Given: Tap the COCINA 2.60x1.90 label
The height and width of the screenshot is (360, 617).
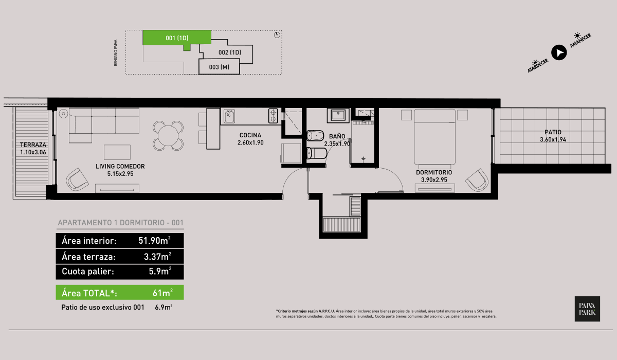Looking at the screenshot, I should pyautogui.click(x=250, y=139).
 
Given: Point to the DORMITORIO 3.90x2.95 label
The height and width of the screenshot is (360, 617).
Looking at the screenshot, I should pyautogui.click(x=434, y=176).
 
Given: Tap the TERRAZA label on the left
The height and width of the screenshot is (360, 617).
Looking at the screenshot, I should pyautogui.click(x=33, y=148).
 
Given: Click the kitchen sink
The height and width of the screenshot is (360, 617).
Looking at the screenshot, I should pyautogui.click(x=229, y=116).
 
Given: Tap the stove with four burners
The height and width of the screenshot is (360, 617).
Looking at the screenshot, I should pyautogui.click(x=273, y=116).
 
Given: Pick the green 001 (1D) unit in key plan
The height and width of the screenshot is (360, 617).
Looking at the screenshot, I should pyautogui.click(x=176, y=38).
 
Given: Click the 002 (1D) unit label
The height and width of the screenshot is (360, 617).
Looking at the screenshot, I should pyautogui.click(x=229, y=52).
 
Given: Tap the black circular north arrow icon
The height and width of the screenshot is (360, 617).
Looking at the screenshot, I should pyautogui.click(x=559, y=52).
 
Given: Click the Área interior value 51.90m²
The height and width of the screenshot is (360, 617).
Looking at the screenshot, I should pyautogui.click(x=155, y=241).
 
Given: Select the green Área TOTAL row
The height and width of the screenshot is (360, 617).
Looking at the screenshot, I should pyautogui.click(x=119, y=293).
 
